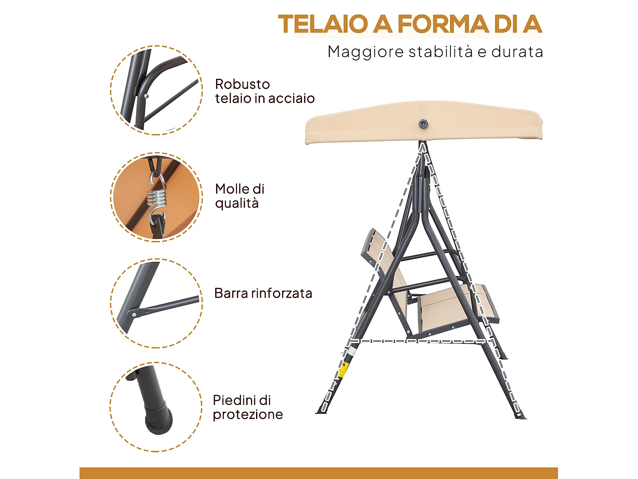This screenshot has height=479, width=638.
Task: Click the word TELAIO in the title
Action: pos(323,24)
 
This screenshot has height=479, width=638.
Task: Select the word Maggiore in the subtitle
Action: pos(365,52)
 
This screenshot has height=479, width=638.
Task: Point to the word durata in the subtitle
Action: pos(517,52)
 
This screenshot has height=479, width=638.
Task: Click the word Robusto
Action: pos(242,84)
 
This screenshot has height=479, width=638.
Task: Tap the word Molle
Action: pos(233,189)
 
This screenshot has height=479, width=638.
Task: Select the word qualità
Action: pos(237,203)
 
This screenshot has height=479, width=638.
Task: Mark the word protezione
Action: pos(248,415)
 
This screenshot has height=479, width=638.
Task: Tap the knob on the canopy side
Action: pos(423,124)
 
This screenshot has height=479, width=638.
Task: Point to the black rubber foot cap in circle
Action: pos(159,419)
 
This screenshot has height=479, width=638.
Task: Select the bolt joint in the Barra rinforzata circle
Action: pos(134,314)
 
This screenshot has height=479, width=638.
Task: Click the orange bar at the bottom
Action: pos(319,473)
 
